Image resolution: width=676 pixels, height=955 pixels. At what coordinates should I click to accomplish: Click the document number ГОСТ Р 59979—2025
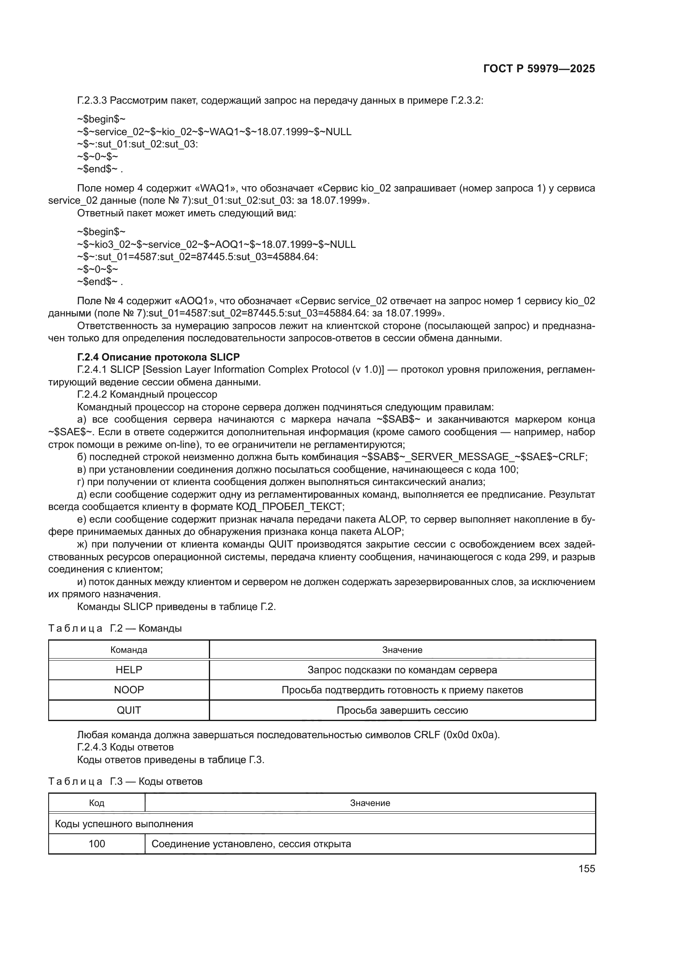point(539,69)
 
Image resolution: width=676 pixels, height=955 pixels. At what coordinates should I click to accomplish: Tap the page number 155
point(586,868)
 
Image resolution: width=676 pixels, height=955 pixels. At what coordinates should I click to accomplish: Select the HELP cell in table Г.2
point(129,670)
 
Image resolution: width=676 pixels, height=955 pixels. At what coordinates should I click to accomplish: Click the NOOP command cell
point(129,690)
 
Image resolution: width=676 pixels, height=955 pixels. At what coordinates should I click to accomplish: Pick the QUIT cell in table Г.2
point(129,710)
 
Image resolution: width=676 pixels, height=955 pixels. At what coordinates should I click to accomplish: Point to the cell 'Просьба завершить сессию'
point(402,710)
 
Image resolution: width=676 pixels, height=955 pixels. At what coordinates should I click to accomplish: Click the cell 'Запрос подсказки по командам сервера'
point(402,670)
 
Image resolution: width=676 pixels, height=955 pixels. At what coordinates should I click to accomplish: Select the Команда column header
point(129,650)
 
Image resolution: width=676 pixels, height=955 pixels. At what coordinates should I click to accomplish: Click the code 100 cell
point(96,844)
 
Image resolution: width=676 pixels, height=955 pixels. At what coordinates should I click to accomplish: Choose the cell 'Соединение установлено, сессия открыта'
point(251,844)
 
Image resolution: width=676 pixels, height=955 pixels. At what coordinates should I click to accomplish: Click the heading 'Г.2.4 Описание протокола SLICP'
point(158,357)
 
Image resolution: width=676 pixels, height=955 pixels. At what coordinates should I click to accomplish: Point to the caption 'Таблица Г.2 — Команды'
point(115,628)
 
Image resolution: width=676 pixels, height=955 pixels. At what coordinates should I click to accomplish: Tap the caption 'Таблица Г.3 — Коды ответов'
point(125,781)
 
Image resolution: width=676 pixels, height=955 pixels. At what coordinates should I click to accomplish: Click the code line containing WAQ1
point(214,132)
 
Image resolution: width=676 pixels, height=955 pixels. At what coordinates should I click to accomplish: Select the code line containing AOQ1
point(216,244)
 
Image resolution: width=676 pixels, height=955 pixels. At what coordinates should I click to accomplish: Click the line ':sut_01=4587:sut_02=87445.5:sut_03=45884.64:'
point(197,257)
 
